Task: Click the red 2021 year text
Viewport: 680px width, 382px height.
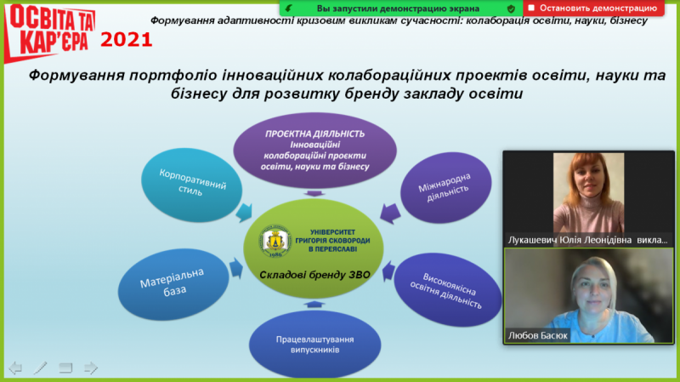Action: (x=126, y=40)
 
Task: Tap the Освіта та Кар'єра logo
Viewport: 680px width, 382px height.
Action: (x=49, y=32)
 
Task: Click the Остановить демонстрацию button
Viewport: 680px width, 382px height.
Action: (x=593, y=9)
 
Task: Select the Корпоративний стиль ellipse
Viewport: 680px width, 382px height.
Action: (x=191, y=185)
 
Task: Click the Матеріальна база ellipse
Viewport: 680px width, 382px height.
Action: (x=173, y=284)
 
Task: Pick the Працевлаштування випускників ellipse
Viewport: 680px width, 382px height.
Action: (x=314, y=345)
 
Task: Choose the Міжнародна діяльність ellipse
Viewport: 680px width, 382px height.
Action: (x=445, y=187)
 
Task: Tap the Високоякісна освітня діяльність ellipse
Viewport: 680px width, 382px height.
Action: (x=447, y=289)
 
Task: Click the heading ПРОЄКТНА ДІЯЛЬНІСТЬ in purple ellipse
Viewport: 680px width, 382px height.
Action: (x=314, y=134)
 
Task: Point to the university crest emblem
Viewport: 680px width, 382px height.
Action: (x=275, y=241)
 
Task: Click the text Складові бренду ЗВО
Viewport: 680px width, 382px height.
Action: (x=314, y=275)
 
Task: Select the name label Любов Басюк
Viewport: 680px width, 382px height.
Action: (x=538, y=335)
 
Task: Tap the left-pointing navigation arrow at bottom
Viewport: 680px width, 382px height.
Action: (x=15, y=368)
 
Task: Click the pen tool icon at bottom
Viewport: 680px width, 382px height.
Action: (x=40, y=368)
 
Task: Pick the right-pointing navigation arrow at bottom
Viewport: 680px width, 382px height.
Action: (x=91, y=368)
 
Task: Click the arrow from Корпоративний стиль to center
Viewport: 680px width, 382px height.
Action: (x=245, y=213)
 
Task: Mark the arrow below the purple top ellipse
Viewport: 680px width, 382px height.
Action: (x=314, y=193)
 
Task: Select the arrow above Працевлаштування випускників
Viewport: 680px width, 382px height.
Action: (x=314, y=305)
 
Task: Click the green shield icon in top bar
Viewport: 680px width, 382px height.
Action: (x=512, y=9)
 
